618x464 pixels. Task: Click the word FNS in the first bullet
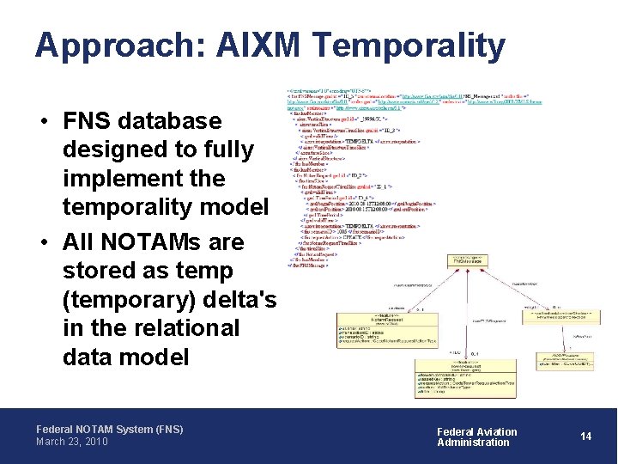[x=86, y=120]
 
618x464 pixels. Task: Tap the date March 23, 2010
[x=71, y=442]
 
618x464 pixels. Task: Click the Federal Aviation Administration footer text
[x=477, y=437]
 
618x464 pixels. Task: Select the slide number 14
[x=586, y=437]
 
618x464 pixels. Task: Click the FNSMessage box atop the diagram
[x=469, y=261]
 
